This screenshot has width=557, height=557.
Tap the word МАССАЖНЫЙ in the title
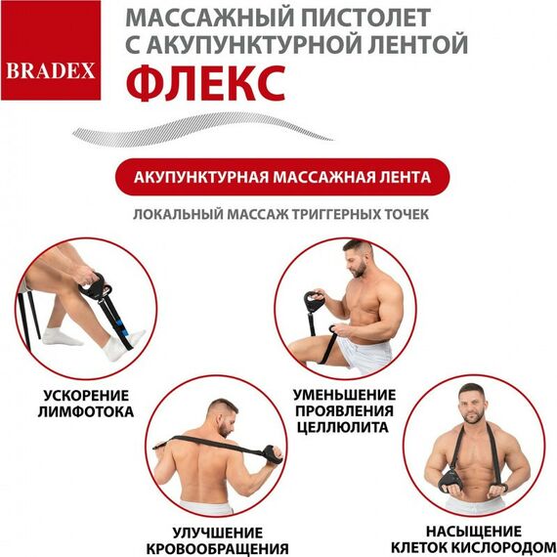[197, 19]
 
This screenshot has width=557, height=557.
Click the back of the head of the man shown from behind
[224, 411]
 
